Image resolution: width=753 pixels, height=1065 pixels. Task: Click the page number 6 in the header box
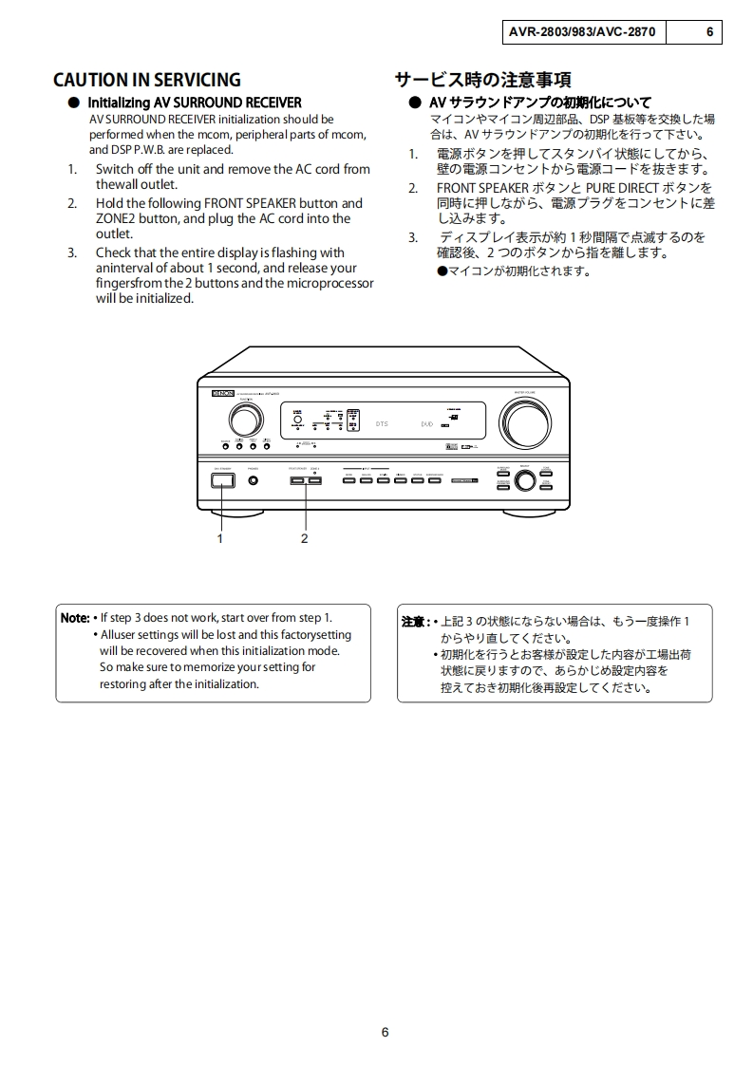click(708, 31)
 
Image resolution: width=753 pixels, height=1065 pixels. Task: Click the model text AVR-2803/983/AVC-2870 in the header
click(581, 31)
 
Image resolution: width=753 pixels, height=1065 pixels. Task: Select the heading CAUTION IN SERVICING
click(147, 80)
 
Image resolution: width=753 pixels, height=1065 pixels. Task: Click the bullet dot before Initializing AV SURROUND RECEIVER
click(73, 103)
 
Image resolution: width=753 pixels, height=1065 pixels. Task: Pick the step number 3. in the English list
click(72, 252)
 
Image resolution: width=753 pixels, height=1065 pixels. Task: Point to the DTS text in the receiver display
click(381, 424)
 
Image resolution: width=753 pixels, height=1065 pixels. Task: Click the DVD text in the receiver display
click(426, 424)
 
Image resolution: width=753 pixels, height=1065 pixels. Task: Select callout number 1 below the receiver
click(220, 538)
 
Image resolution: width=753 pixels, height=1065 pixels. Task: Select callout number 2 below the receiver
click(304, 538)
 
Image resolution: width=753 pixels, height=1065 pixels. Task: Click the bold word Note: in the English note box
click(75, 618)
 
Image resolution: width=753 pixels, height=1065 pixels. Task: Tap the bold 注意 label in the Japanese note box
click(414, 622)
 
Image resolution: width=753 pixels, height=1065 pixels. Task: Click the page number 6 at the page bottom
click(385, 1033)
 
